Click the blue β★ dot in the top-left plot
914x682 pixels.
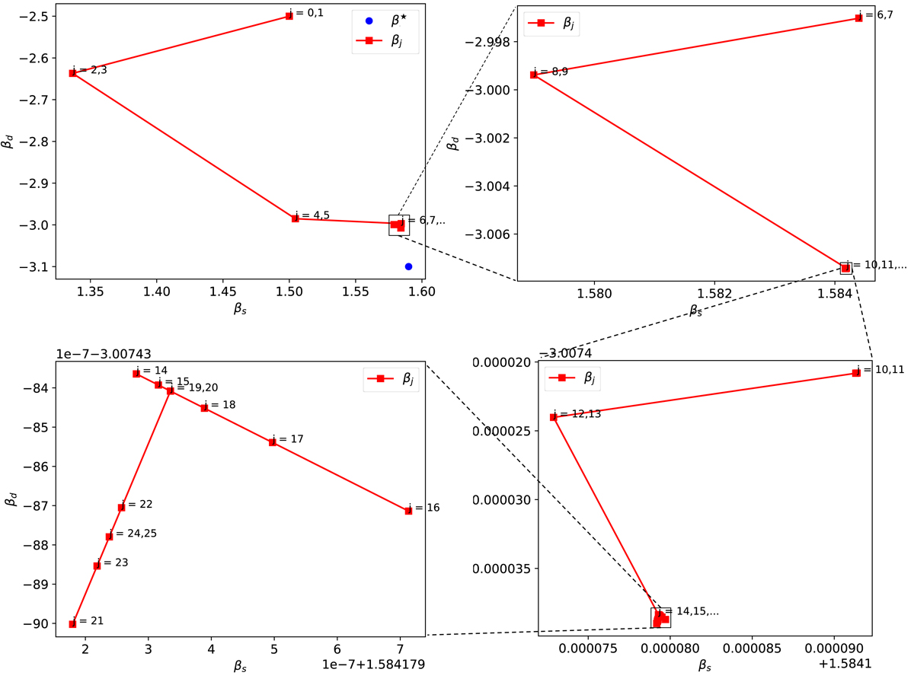409,266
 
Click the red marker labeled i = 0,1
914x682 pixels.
289,16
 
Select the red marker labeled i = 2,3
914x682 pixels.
72,73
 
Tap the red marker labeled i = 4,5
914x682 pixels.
296,218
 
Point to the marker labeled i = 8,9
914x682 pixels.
534,75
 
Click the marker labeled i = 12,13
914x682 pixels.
554,417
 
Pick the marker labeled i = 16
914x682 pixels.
409,511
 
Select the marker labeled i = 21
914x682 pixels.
72,624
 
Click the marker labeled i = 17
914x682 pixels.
273,442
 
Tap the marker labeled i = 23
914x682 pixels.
97,566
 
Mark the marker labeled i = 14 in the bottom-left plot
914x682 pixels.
136,374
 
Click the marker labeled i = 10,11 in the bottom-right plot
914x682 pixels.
856,373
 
